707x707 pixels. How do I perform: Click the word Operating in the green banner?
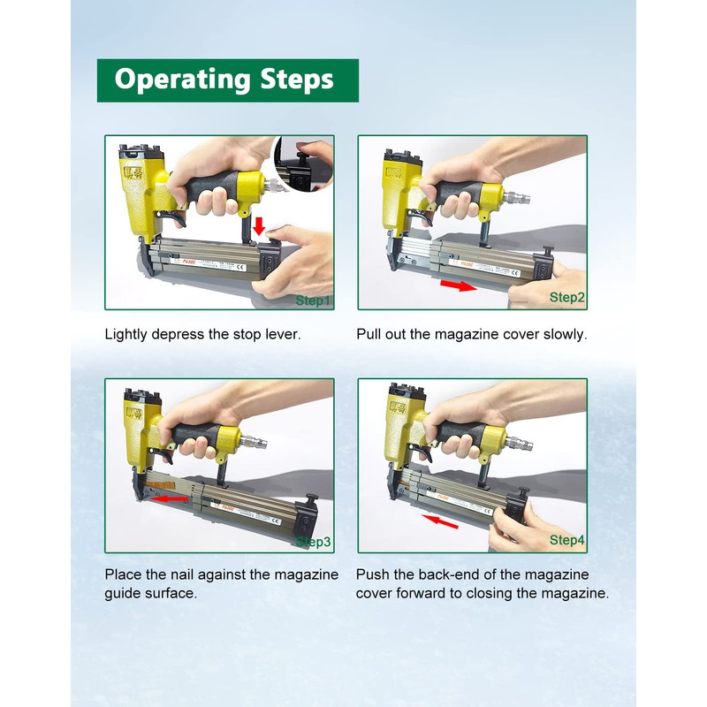coord(182,80)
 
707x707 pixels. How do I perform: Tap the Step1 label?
coord(313,300)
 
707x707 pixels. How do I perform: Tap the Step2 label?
coord(566,298)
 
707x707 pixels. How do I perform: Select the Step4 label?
coord(566,540)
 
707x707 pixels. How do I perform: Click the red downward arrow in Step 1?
coord(259,226)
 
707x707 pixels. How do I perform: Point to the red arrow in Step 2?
coord(458,285)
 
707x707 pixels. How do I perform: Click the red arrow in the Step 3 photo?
coord(169,499)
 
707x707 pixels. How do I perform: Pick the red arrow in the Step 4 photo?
coord(440,521)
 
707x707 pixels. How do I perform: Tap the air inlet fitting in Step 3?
coord(254,440)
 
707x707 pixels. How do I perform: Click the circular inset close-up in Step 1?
coord(303,163)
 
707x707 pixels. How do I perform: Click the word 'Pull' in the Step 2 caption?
coord(368,334)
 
